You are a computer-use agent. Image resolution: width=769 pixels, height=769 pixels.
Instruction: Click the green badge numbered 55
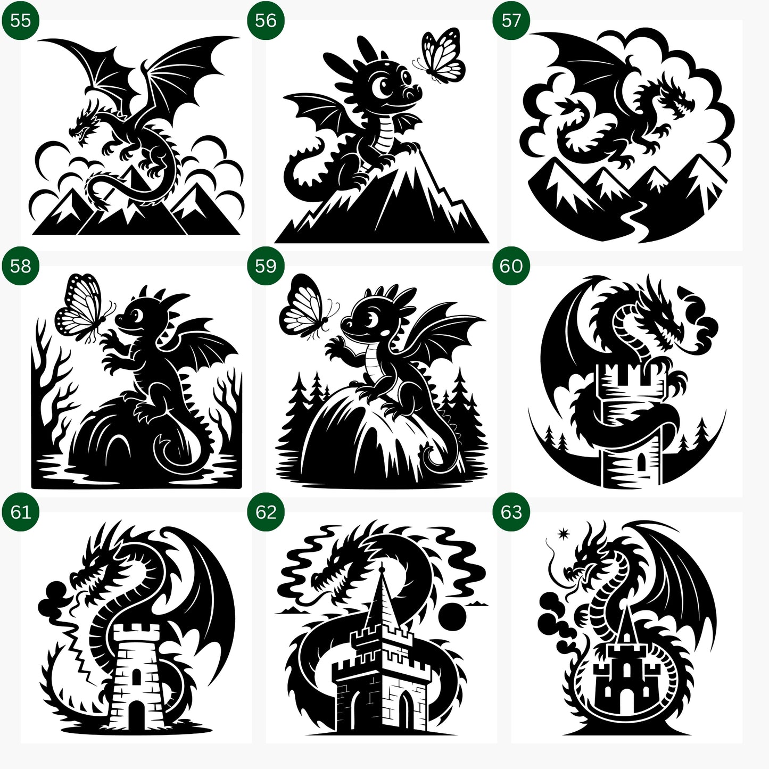coord(20,20)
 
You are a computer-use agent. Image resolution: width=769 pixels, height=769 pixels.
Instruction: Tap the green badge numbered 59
coord(266,266)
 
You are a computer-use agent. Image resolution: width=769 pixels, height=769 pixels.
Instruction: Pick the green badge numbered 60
coord(511,266)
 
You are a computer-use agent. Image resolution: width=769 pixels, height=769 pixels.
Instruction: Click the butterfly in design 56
coord(442,56)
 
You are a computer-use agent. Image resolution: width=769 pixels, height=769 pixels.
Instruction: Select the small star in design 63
coord(563,533)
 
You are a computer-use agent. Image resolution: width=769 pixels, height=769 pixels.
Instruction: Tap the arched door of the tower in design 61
coord(136,713)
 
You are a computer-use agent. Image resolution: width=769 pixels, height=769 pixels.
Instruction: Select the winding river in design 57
coord(633,218)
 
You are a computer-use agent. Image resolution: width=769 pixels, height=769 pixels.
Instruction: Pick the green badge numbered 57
coord(511,20)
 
